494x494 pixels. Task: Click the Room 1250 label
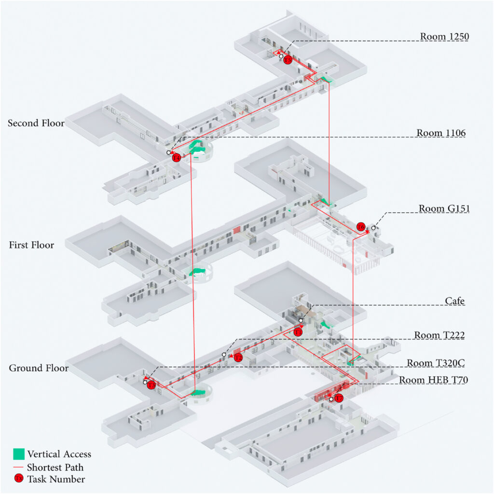point(444,36)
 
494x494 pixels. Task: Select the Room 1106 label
point(441,133)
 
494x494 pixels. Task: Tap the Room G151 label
point(444,208)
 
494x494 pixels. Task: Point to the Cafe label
point(454,301)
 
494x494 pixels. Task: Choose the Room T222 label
point(439,335)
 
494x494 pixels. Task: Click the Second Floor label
point(36,123)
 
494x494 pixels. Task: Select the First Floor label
point(31,245)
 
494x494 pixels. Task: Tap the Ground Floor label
point(39,368)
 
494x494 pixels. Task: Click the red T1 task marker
point(298,332)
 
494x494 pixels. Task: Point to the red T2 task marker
point(238,357)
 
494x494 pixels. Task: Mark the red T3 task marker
point(151,384)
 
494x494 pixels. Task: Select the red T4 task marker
point(177,157)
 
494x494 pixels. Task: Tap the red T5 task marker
point(288,60)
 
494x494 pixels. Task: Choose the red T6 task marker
point(361,227)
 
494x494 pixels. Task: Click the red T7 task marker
point(339,398)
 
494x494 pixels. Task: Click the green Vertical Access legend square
point(19,454)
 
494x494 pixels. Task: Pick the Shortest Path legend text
point(55,467)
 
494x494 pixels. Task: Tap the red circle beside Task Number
point(19,479)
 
